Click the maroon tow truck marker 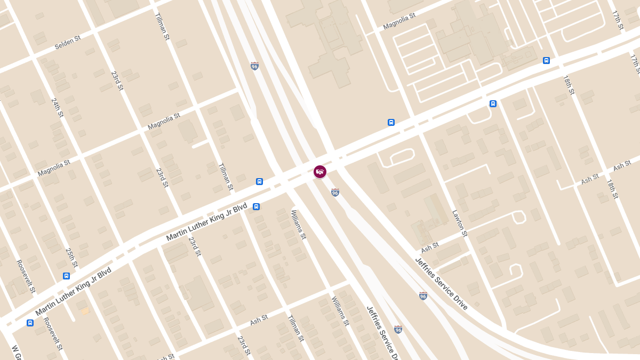pyautogui.click(x=320, y=172)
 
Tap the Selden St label pyautogui.click(x=67, y=43)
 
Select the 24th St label pyautogui.click(x=57, y=107)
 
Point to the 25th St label pyautogui.click(x=71, y=257)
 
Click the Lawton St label pyautogui.click(x=459, y=223)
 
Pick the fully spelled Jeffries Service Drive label pyautogui.click(x=441, y=283)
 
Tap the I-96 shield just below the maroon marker pyautogui.click(x=335, y=193)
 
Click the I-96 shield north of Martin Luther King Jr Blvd pyautogui.click(x=255, y=66)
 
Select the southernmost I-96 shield pyautogui.click(x=398, y=330)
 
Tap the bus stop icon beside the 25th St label pyautogui.click(x=66, y=276)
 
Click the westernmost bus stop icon pyautogui.click(x=30, y=323)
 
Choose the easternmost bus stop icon pyautogui.click(x=546, y=60)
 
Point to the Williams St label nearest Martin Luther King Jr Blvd pyautogui.click(x=298, y=224)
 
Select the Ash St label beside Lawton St pyautogui.click(x=429, y=247)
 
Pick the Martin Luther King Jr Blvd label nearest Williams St pyautogui.click(x=206, y=222)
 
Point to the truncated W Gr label pyautogui.click(x=15, y=353)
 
